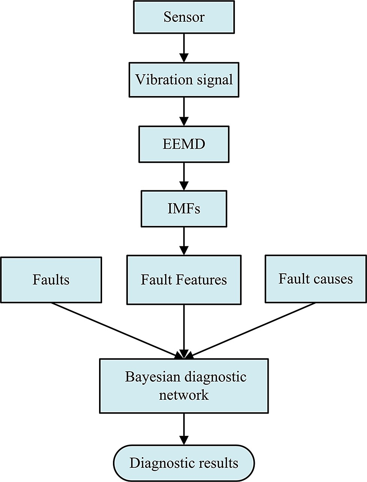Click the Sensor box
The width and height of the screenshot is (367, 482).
[184, 17]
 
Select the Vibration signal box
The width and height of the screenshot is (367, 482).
[184, 80]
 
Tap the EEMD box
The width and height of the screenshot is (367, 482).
[184, 144]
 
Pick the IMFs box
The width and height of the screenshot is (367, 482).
[184, 208]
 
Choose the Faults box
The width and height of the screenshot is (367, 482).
[51, 280]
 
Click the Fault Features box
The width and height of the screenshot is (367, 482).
[184, 280]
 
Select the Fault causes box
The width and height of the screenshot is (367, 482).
[316, 279]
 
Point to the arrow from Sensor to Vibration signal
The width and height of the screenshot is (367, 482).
[184, 48]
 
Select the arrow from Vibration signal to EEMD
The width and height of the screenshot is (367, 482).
[184, 111]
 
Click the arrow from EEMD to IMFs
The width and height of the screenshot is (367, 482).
[184, 176]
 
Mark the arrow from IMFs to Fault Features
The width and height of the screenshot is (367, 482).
[184, 241]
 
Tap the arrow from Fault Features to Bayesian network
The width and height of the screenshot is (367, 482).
[184, 331]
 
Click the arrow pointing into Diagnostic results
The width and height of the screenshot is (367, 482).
[184, 426]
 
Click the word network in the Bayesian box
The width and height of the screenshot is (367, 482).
[184, 395]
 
